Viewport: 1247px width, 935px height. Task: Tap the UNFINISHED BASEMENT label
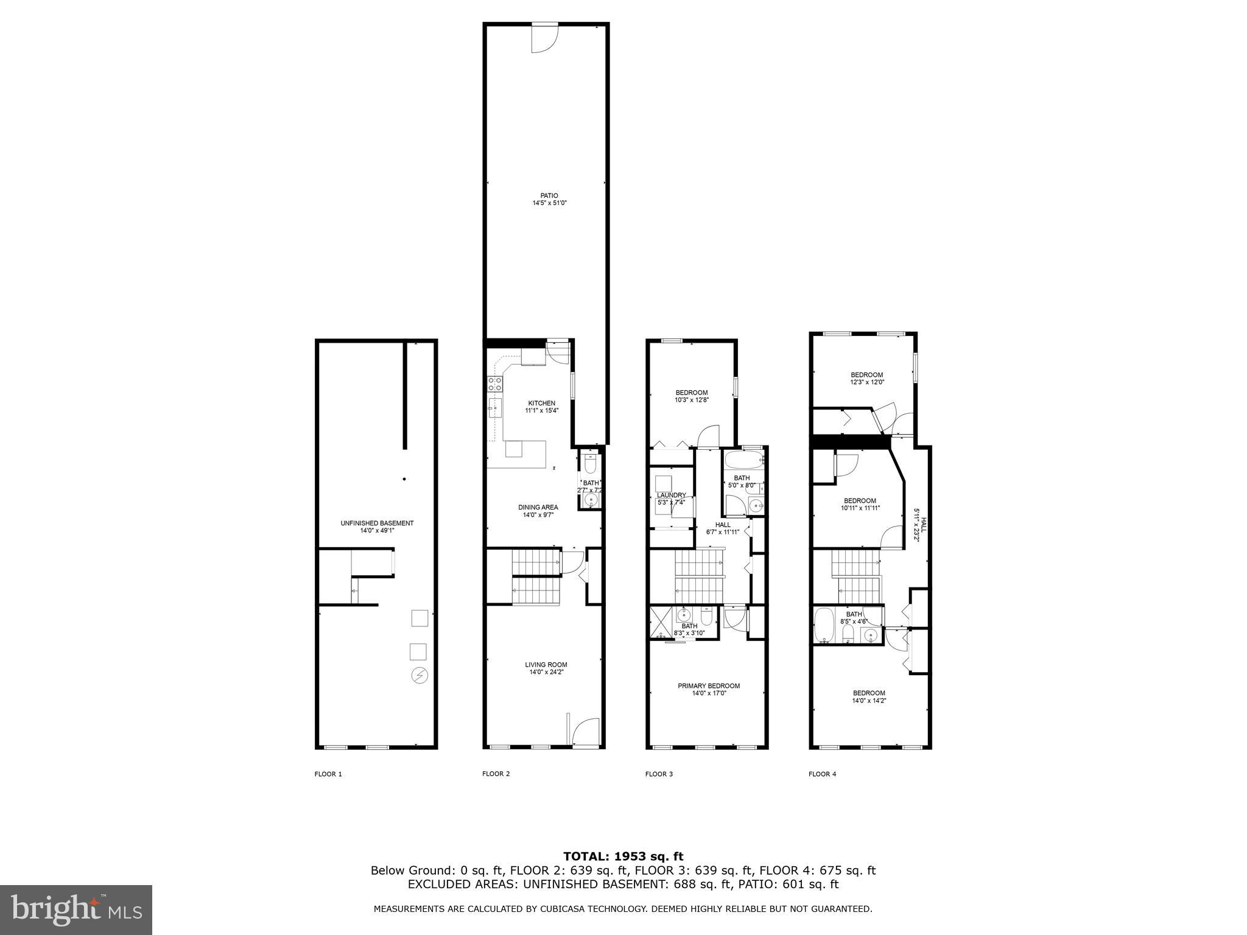pyautogui.click(x=377, y=523)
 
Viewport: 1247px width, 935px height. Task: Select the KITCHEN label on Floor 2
pyautogui.click(x=541, y=403)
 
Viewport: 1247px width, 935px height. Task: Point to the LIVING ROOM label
pyautogui.click(x=546, y=665)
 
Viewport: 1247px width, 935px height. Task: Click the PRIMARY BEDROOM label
pyautogui.click(x=709, y=686)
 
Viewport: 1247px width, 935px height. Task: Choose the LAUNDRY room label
pyautogui.click(x=672, y=495)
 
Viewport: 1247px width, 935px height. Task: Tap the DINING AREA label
pyautogui.click(x=538, y=507)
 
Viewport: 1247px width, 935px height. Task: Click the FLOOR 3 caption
pyautogui.click(x=659, y=774)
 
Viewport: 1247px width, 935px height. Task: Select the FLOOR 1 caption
pyautogui.click(x=328, y=774)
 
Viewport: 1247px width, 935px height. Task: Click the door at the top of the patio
pyautogui.click(x=544, y=38)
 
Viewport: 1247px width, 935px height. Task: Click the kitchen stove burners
pyautogui.click(x=495, y=383)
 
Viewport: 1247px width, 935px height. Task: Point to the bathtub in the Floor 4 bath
pyautogui.click(x=824, y=625)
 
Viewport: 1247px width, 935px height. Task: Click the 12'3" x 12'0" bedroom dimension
pyautogui.click(x=867, y=382)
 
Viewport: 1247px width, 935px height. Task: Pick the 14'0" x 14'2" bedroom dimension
pyautogui.click(x=869, y=701)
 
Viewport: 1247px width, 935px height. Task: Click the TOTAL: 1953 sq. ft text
pyautogui.click(x=623, y=856)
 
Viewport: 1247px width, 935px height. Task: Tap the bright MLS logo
pyautogui.click(x=76, y=910)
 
